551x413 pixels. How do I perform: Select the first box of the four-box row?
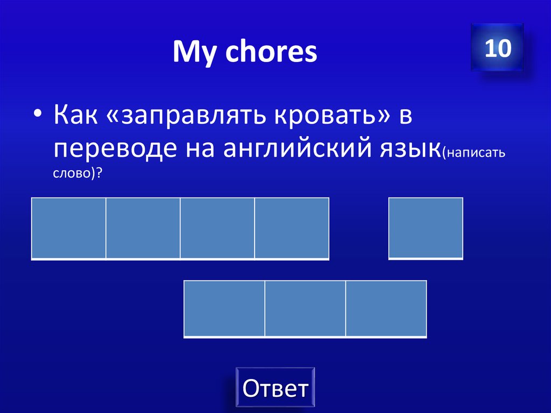(68, 228)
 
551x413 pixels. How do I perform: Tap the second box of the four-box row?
(143, 228)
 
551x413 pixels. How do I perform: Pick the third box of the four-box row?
(217, 228)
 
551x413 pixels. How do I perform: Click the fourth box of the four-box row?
(291, 228)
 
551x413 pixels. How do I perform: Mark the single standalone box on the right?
(425, 228)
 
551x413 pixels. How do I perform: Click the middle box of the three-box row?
(305, 309)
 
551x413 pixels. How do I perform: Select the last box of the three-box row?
(386, 309)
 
